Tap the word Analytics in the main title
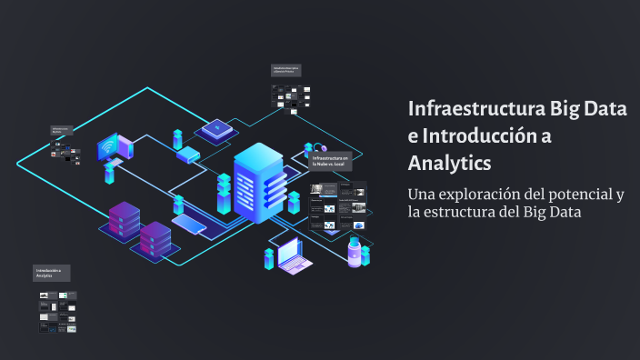click(449, 164)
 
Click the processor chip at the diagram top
click(217, 130)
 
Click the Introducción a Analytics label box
click(52, 273)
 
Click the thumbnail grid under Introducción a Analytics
click(57, 311)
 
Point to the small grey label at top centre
click(285, 69)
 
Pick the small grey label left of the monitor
click(62, 131)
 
